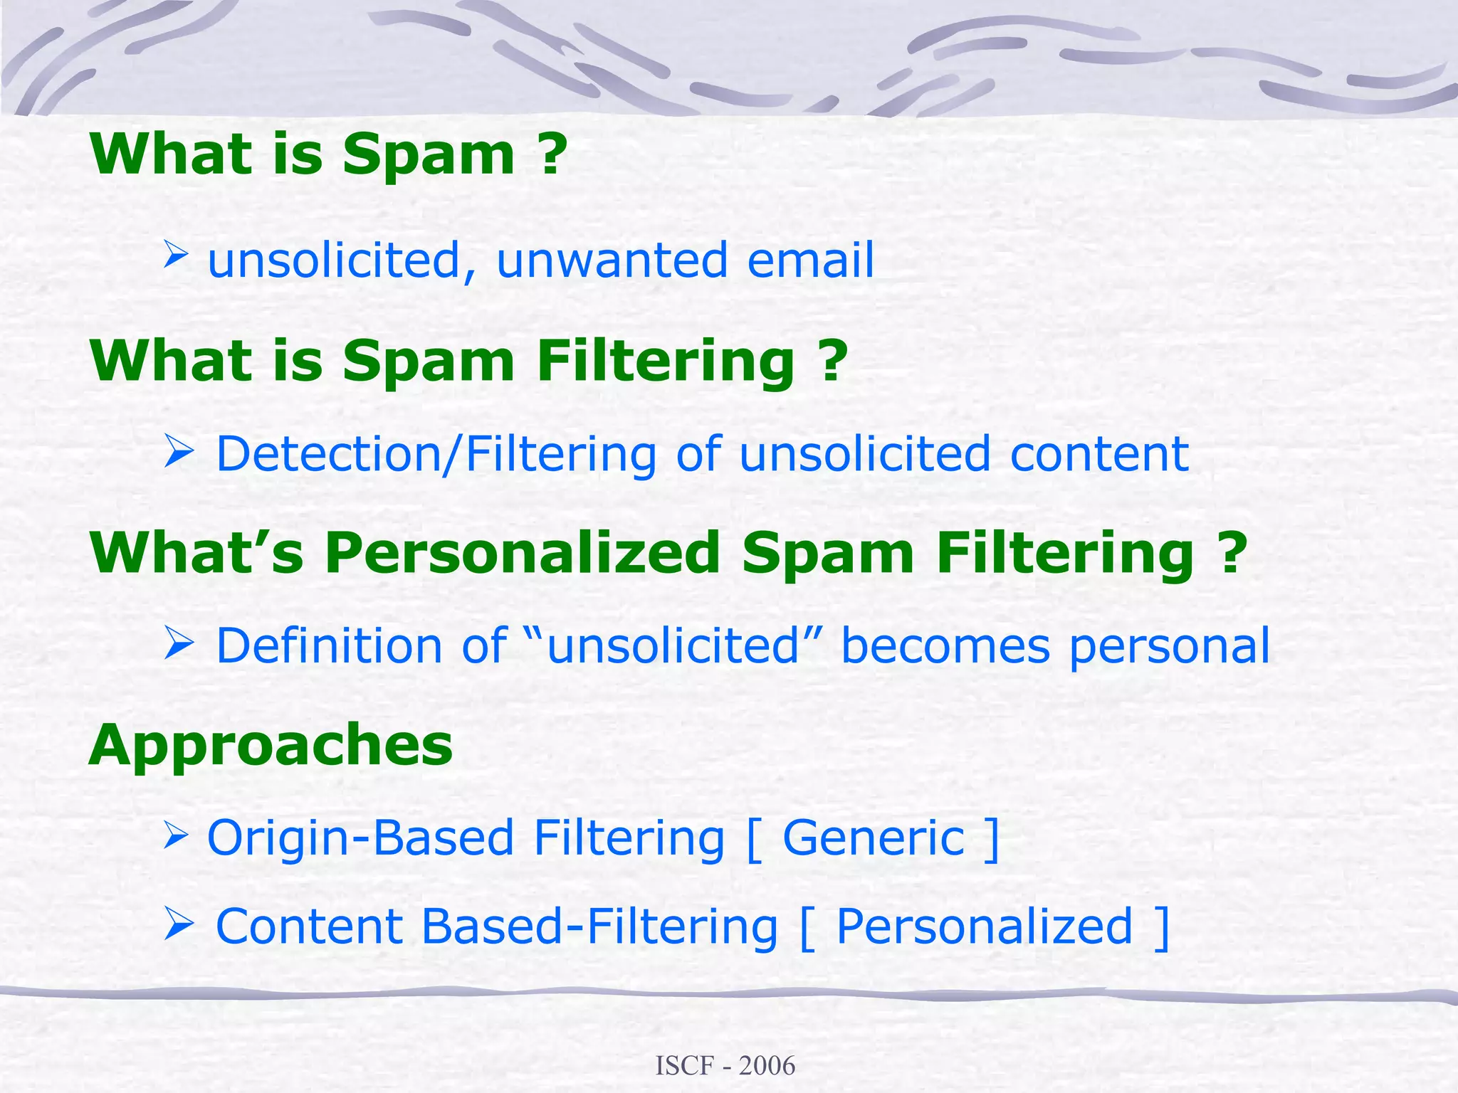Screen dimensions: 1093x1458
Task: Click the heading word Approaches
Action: click(x=271, y=746)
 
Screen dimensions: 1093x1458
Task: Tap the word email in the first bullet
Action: click(x=810, y=260)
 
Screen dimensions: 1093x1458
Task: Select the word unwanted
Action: click(x=612, y=260)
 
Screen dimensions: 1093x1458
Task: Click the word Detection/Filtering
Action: click(x=436, y=454)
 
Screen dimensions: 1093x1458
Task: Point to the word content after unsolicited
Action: click(x=1099, y=454)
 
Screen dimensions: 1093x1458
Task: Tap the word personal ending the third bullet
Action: click(x=1170, y=646)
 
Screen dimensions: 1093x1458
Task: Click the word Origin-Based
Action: click(x=360, y=838)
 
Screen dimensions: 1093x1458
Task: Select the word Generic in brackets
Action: click(x=874, y=838)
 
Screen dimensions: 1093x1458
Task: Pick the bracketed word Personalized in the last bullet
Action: click(x=984, y=926)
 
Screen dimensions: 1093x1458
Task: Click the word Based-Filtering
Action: click(x=599, y=926)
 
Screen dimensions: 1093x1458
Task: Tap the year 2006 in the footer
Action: click(x=767, y=1066)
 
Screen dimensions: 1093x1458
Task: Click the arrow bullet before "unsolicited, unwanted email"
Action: click(x=175, y=254)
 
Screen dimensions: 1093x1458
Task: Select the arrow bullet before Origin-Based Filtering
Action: click(x=175, y=834)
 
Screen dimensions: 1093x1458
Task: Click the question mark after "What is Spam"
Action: click(x=552, y=154)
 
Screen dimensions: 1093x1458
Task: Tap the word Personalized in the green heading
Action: click(x=523, y=554)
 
